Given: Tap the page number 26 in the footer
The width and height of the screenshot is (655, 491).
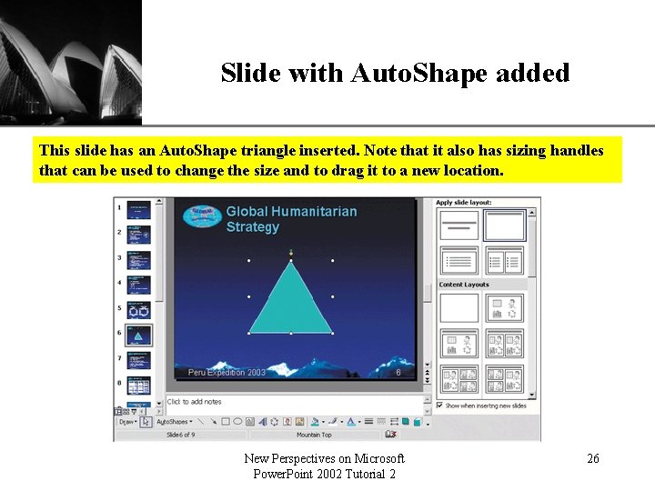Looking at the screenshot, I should click(592, 459).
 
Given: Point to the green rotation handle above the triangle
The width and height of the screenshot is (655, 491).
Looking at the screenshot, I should click(291, 251).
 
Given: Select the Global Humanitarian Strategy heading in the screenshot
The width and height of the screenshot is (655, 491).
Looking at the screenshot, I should click(291, 218).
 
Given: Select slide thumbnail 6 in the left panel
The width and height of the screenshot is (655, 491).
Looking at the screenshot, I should click(138, 335).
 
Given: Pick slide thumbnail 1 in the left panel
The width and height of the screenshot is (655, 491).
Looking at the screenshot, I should click(138, 208).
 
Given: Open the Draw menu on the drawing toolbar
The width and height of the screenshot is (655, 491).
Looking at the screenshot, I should click(127, 422).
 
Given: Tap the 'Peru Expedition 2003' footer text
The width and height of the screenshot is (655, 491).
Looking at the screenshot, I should click(227, 373).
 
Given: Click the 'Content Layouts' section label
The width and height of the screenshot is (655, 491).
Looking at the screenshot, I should click(464, 285).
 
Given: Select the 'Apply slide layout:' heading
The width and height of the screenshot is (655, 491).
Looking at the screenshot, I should click(464, 202).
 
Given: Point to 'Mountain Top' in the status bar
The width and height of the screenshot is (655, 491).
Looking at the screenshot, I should click(314, 435).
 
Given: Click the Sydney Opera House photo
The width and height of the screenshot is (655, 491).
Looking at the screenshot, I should click(70, 62).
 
